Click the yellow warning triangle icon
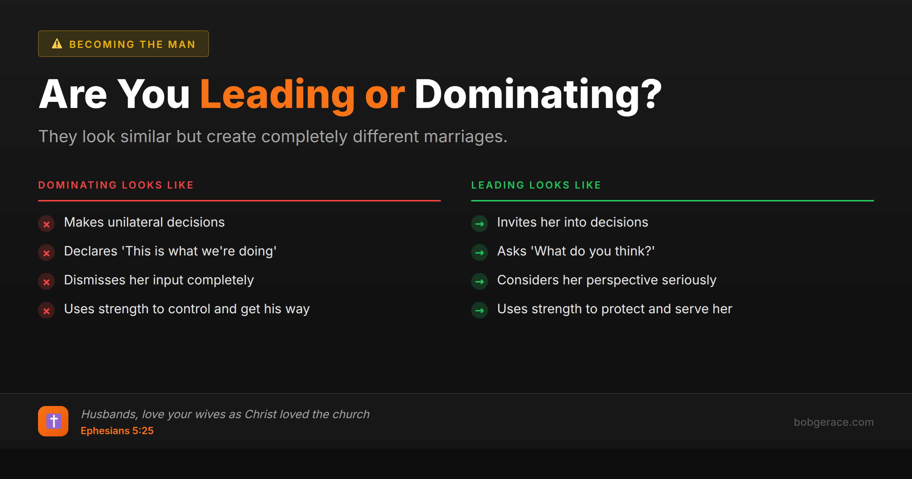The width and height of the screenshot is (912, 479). click(x=57, y=44)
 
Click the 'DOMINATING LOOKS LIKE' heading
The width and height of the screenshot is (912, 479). click(x=116, y=185)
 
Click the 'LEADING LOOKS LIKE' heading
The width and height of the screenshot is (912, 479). click(x=536, y=185)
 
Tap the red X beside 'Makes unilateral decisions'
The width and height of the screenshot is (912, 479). click(x=46, y=224)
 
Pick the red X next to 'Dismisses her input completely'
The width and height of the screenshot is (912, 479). click(x=46, y=282)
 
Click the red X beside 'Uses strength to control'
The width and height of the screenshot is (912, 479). click(x=46, y=311)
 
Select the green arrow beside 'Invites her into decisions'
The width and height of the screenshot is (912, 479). click(x=480, y=224)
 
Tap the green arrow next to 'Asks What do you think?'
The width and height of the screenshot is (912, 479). click(x=480, y=253)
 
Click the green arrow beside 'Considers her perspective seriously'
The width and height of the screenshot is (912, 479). click(x=480, y=282)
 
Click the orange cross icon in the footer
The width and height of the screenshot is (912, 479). click(x=53, y=421)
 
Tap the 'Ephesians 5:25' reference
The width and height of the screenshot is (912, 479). click(x=117, y=431)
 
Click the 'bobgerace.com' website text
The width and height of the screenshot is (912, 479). click(x=833, y=422)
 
